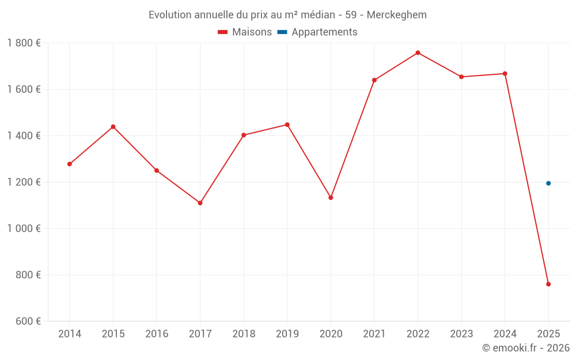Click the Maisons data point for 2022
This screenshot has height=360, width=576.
click(x=418, y=53)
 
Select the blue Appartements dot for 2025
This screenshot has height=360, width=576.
click(x=548, y=183)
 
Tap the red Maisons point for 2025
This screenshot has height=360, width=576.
click(x=548, y=284)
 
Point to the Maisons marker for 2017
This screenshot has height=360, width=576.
click(x=200, y=203)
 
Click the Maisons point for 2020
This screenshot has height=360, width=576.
click(x=331, y=198)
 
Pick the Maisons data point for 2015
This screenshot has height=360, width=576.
click(x=113, y=127)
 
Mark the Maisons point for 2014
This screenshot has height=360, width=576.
click(x=70, y=164)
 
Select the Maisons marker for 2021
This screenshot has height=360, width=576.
click(x=374, y=80)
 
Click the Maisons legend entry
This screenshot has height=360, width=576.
click(x=245, y=32)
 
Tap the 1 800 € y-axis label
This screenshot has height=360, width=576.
click(x=24, y=43)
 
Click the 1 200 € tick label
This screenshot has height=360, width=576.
click(x=24, y=182)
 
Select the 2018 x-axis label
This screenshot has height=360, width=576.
click(x=244, y=334)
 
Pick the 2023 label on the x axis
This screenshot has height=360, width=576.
click(x=461, y=334)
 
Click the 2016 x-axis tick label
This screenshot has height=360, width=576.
click(x=157, y=334)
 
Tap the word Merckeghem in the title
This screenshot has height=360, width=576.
click(x=398, y=15)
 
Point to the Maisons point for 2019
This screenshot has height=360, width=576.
click(x=287, y=124)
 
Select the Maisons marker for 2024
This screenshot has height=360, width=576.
click(x=505, y=74)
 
